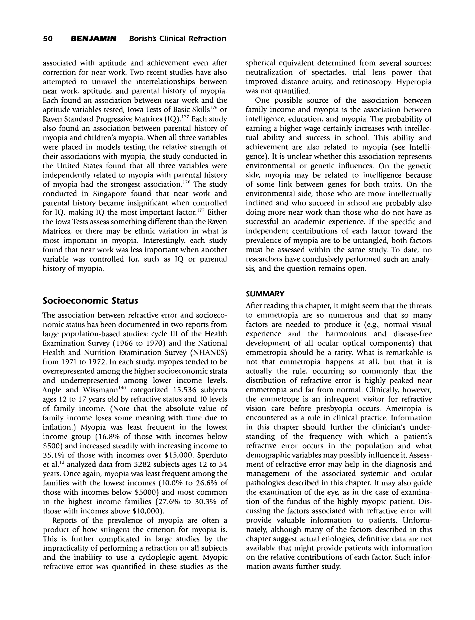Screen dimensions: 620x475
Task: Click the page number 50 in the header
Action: tap(48, 39)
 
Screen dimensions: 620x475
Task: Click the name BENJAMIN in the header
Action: tap(94, 39)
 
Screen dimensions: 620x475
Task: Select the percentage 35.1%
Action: tap(54, 455)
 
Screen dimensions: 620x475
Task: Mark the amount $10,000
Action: tap(147, 511)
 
